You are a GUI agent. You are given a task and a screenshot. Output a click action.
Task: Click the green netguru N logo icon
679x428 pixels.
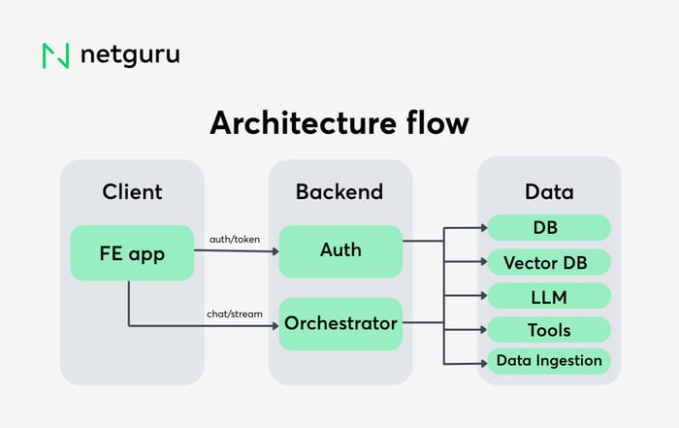[55, 55]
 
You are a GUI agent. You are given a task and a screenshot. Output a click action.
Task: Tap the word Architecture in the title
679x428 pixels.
[295, 123]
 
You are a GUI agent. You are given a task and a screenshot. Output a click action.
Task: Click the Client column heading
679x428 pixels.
[132, 192]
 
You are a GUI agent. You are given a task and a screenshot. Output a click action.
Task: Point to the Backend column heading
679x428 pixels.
[339, 192]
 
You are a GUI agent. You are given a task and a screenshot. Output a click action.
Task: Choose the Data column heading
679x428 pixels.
[548, 192]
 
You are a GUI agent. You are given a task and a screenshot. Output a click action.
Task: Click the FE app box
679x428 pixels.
[132, 253]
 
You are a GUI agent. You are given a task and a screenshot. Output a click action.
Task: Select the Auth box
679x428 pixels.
[340, 251]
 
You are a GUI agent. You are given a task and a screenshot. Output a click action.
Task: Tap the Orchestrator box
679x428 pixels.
[340, 323]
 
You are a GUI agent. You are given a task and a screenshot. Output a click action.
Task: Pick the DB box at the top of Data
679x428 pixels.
[548, 228]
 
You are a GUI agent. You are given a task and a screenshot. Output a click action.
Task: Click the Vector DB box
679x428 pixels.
[548, 262]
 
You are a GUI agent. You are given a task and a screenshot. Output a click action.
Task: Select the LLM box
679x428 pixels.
[548, 296]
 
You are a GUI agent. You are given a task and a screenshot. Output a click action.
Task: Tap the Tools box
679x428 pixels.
[548, 330]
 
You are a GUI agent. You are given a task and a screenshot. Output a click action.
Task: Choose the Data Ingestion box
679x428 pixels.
[548, 361]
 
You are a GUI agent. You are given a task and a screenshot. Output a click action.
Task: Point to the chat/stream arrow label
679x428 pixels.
[235, 313]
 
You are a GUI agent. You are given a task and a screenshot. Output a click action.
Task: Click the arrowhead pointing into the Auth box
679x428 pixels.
[274, 251]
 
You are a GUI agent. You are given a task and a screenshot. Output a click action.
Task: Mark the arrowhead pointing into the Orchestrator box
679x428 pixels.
[274, 324]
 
